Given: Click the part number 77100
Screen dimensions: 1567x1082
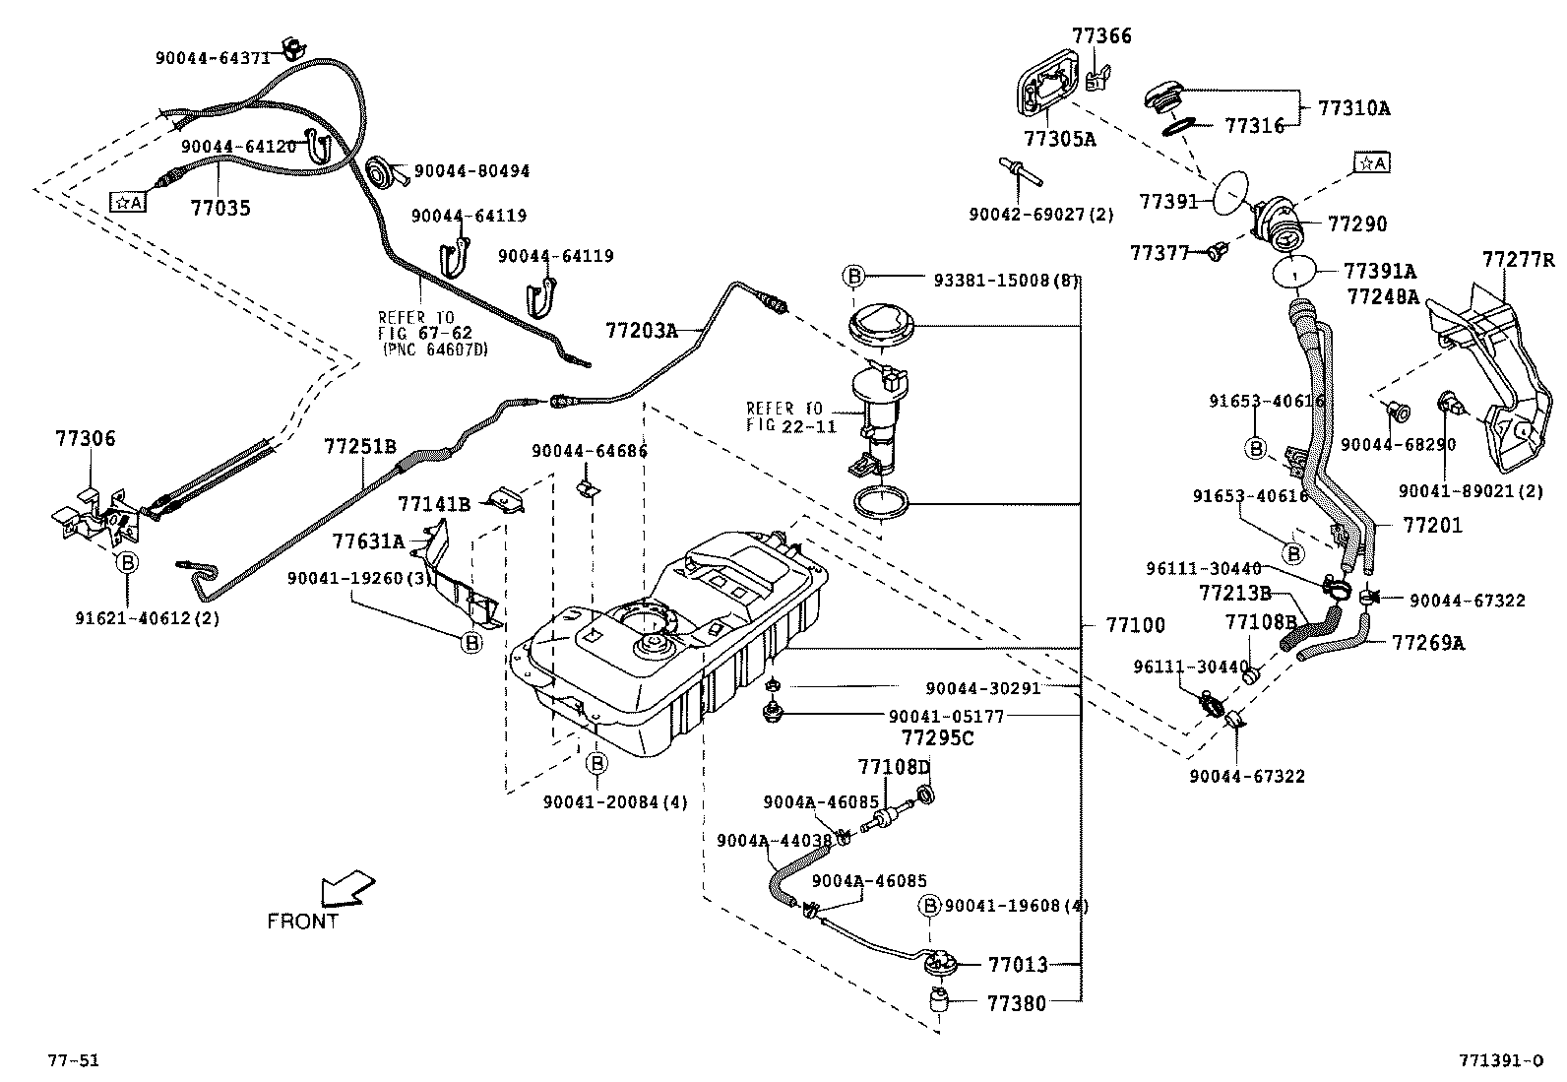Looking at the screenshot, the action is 1135,625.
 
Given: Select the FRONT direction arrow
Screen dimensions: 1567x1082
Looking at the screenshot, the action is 347,888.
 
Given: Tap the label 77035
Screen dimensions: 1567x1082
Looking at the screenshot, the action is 220,208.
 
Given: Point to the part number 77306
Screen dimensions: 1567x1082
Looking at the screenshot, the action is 86,439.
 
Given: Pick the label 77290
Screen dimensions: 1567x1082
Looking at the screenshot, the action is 1357,223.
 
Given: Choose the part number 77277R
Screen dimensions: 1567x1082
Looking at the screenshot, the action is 1518,260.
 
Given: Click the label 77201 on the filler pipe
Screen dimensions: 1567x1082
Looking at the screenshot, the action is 1432,525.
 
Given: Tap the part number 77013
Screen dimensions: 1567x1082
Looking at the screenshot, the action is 1018,965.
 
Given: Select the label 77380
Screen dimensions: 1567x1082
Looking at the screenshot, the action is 1017,1003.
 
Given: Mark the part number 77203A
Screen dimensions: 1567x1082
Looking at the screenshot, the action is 642,331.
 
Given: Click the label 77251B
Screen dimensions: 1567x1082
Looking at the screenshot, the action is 360,447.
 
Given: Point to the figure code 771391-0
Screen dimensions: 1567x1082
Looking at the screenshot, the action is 1500,1061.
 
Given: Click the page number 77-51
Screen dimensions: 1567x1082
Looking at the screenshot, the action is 74,1061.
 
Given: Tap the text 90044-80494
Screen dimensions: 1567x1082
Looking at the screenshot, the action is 472,171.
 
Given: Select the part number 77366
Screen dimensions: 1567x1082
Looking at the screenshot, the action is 1101,35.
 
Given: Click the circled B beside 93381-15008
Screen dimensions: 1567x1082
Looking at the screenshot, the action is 853,276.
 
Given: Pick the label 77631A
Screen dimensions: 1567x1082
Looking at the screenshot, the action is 368,541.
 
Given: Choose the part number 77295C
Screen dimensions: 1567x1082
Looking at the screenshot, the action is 937,738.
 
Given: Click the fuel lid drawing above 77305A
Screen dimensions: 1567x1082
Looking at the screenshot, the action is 1047,88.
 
